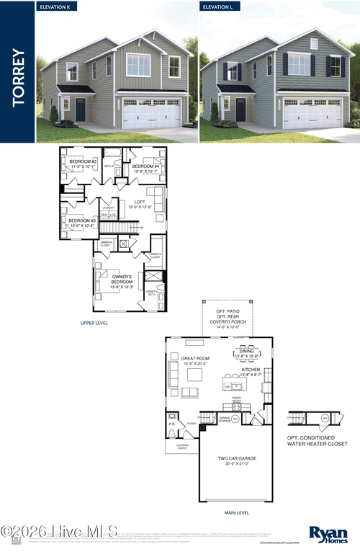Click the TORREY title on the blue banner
19,78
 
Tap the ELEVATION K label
58,6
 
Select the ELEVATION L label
220,6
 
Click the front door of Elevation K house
81,110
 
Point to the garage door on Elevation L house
312,113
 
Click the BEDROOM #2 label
83,164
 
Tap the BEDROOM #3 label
82,223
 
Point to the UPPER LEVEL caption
94,323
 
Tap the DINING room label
247,353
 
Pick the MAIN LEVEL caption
237,513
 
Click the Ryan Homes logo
328,534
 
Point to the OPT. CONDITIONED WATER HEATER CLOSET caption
318,440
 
